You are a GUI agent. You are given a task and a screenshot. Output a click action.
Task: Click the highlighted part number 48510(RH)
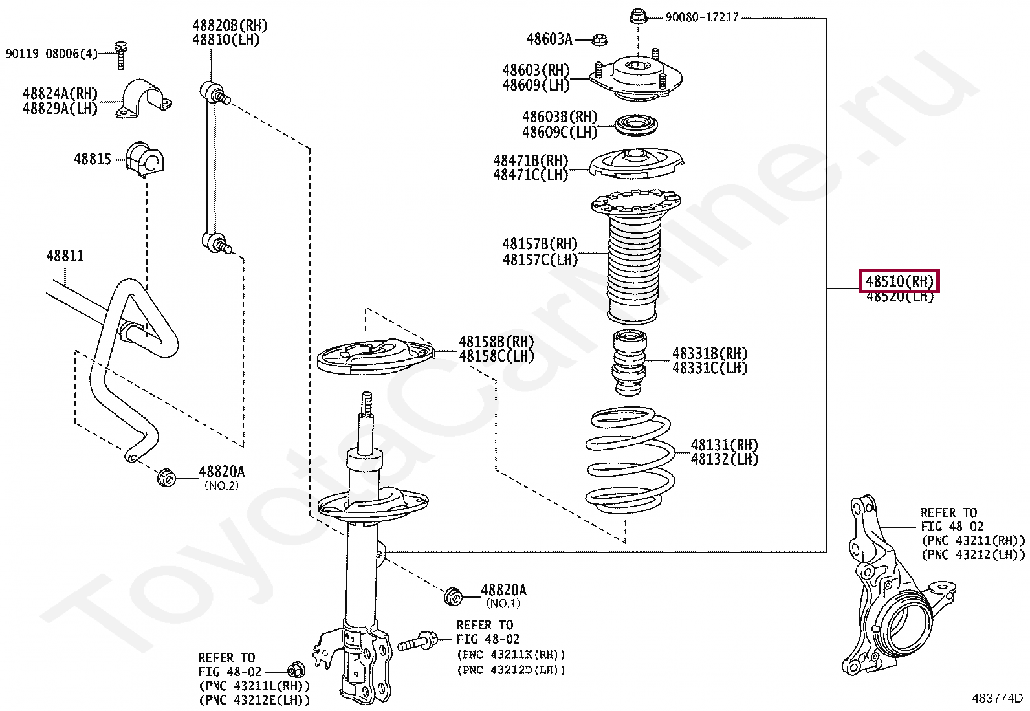click(x=899, y=281)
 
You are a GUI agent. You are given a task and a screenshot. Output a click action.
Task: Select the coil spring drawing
click(x=629, y=459)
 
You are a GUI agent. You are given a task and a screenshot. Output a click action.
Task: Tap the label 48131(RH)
click(x=724, y=445)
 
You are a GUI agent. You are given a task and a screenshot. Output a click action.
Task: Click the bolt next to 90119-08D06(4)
click(x=120, y=54)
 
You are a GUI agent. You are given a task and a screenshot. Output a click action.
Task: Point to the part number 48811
click(x=65, y=256)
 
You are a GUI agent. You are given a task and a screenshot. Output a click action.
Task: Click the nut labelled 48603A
click(x=600, y=40)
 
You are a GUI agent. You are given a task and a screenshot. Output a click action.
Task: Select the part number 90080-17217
click(x=702, y=17)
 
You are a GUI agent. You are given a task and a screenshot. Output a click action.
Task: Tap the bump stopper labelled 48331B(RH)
click(x=629, y=362)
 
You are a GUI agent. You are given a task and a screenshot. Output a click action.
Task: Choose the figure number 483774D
click(x=997, y=699)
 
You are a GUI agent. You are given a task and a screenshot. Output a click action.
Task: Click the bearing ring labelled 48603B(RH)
click(x=636, y=124)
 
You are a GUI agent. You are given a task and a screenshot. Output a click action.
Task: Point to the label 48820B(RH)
click(x=230, y=26)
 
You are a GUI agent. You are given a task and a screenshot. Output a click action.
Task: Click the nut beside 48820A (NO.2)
click(x=167, y=478)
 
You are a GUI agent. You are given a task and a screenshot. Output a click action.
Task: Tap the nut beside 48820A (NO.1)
click(x=454, y=596)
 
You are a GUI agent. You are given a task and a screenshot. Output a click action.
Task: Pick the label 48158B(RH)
click(x=496, y=342)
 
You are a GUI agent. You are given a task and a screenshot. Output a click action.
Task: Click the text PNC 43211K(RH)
click(x=511, y=655)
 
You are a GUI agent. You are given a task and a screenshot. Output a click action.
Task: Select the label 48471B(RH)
click(x=531, y=160)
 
